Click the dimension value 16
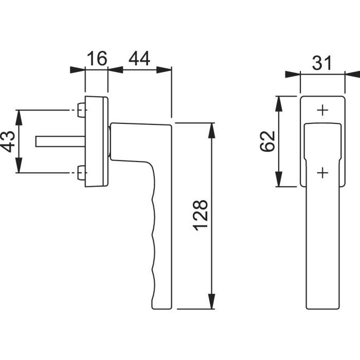point(96,59)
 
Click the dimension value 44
point(139,59)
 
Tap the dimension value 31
point(322,64)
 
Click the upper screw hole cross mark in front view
point(322,111)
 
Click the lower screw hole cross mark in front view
point(322,173)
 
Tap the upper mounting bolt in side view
point(80,110)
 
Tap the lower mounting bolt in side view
point(80,173)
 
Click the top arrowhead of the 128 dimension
point(211,130)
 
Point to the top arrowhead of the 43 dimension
point(19,117)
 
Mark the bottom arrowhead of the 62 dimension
point(278,180)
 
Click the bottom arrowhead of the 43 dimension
point(19,166)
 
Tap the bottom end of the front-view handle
point(322,307)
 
